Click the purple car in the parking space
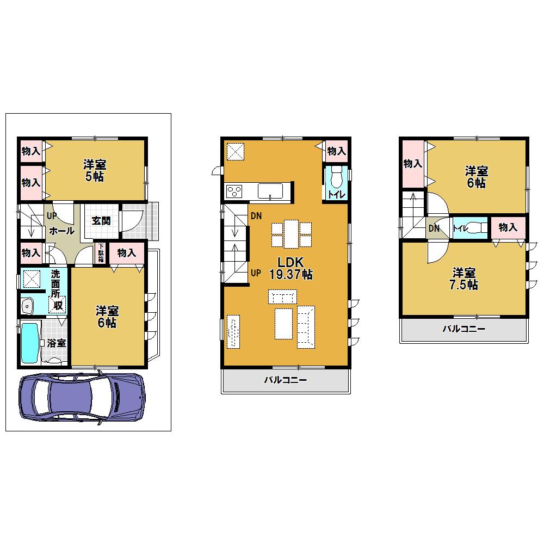(x=82, y=397)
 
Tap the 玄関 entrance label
(x=101, y=221)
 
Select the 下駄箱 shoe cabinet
(x=101, y=252)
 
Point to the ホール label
(x=62, y=231)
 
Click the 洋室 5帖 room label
(x=94, y=170)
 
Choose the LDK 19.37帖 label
(x=290, y=268)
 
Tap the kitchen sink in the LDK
(x=270, y=191)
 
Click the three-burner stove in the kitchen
(x=234, y=191)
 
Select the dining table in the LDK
(x=291, y=234)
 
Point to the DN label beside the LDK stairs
(x=256, y=216)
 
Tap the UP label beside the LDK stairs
(x=256, y=273)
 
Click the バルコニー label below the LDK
(x=286, y=380)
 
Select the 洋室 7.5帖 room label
(x=464, y=279)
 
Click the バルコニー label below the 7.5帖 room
(x=464, y=329)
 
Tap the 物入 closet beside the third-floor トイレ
(x=508, y=227)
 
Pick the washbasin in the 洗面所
(x=27, y=306)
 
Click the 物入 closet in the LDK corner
(x=336, y=151)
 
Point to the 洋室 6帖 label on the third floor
(x=477, y=177)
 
